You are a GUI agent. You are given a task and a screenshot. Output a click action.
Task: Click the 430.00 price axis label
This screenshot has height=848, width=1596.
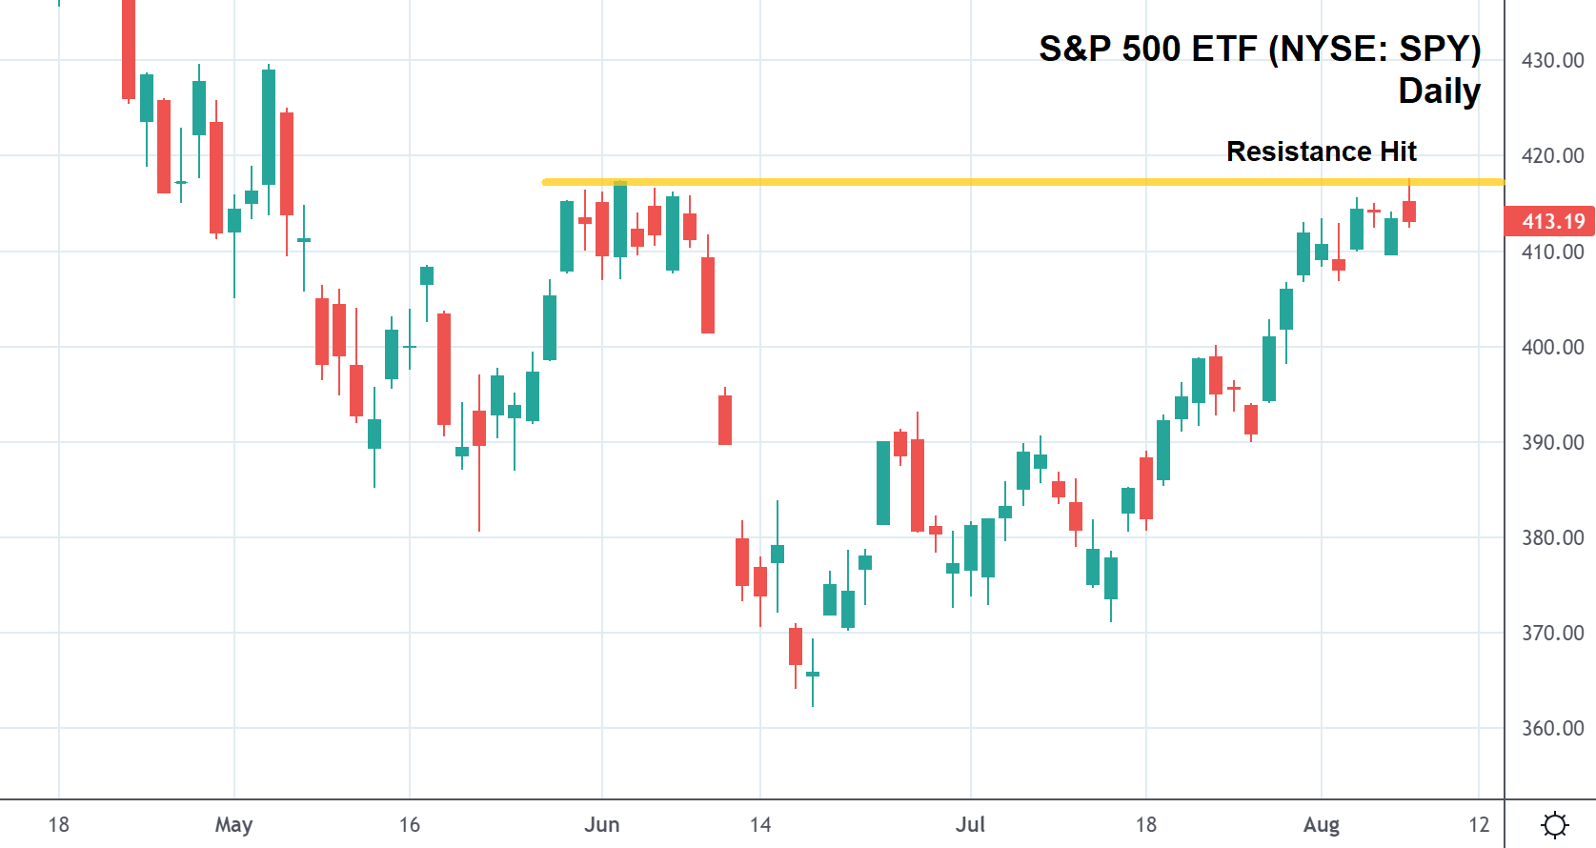[1552, 60]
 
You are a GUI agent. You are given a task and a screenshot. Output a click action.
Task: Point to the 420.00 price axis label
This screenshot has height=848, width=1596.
[1552, 155]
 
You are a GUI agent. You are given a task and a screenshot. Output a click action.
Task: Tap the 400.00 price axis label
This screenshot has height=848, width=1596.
[1552, 347]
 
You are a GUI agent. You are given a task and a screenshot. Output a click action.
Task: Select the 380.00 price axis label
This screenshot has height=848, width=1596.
[1552, 537]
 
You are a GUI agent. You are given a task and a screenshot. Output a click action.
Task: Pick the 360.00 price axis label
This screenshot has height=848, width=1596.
[1552, 728]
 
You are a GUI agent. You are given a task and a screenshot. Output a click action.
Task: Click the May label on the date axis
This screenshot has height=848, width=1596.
[233, 824]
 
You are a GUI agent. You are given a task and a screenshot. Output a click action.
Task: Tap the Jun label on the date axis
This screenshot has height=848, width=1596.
[601, 824]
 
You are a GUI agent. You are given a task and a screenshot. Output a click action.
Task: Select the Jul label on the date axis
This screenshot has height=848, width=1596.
[970, 824]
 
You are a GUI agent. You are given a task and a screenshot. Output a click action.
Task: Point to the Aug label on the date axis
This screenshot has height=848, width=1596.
[1321, 824]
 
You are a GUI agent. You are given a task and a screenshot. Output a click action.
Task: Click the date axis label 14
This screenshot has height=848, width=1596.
[759, 824]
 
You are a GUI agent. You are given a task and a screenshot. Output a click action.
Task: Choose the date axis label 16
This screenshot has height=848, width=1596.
[409, 824]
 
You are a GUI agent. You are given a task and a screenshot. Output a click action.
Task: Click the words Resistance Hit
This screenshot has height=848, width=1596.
[1321, 151]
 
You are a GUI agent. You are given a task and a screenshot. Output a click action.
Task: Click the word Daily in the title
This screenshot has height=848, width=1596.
[1439, 91]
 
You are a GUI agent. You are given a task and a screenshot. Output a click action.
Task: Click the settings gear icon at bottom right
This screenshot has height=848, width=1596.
[1554, 824]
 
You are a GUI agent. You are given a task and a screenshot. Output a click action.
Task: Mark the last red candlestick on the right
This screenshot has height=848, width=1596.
[1409, 212]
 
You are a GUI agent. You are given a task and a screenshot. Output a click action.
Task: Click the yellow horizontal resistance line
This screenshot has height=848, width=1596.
[953, 182]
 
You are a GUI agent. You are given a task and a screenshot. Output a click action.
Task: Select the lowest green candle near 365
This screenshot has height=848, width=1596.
[813, 675]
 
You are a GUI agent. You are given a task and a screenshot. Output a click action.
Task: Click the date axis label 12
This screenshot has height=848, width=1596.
[1478, 824]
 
